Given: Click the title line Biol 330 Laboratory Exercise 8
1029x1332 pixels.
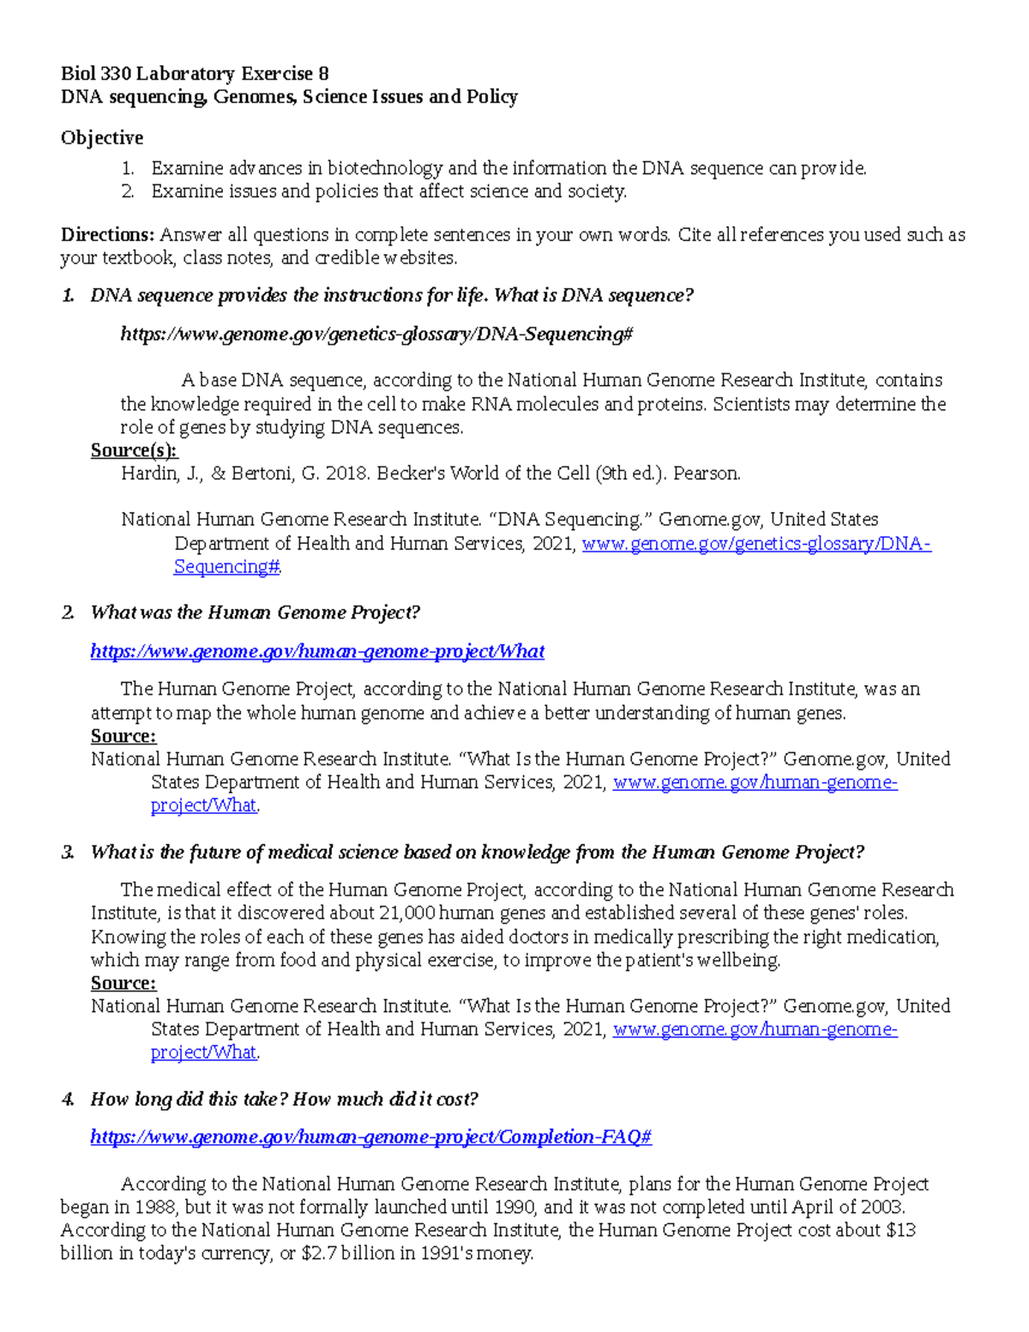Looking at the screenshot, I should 195,74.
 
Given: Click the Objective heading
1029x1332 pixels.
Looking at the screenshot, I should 101,138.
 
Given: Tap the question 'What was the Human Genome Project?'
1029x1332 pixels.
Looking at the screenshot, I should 255,612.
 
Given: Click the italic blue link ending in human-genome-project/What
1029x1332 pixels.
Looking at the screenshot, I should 317,652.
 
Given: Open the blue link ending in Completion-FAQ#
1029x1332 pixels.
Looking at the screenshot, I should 370,1137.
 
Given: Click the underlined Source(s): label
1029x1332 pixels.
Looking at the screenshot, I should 134,450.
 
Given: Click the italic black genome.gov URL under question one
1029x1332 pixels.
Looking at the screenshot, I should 376,335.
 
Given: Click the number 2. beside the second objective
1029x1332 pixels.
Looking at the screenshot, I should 128,191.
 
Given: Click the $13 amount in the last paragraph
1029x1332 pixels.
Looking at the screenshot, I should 900,1231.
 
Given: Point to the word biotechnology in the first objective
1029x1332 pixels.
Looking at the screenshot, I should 385,168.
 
